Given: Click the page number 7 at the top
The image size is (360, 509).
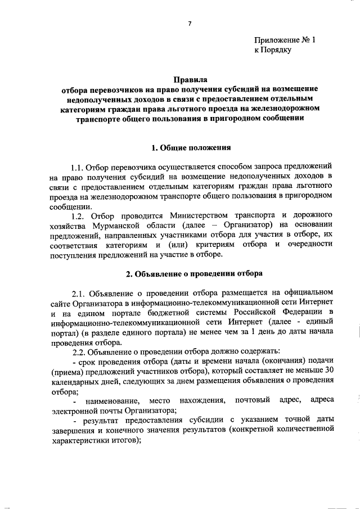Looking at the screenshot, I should point(190,23).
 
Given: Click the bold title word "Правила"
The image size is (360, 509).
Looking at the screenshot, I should point(190,80).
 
